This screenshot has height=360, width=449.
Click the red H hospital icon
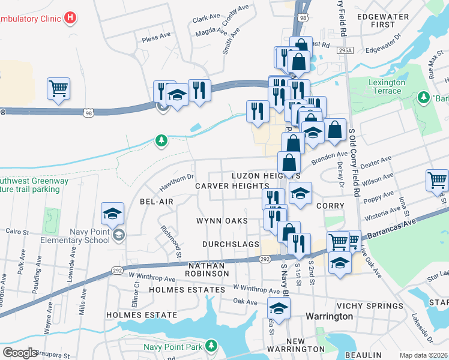[71, 18]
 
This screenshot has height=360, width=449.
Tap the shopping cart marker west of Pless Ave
[58, 89]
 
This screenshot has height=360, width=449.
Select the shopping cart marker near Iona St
[437, 180]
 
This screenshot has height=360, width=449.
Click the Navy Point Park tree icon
[211, 346]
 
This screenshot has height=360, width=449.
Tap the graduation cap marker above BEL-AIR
[112, 214]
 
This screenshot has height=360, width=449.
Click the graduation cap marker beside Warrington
[278, 310]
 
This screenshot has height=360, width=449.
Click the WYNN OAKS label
[222, 221]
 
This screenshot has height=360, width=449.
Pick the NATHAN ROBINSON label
[208, 269]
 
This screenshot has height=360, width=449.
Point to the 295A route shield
[345, 52]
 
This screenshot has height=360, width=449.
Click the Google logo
[20, 353]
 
